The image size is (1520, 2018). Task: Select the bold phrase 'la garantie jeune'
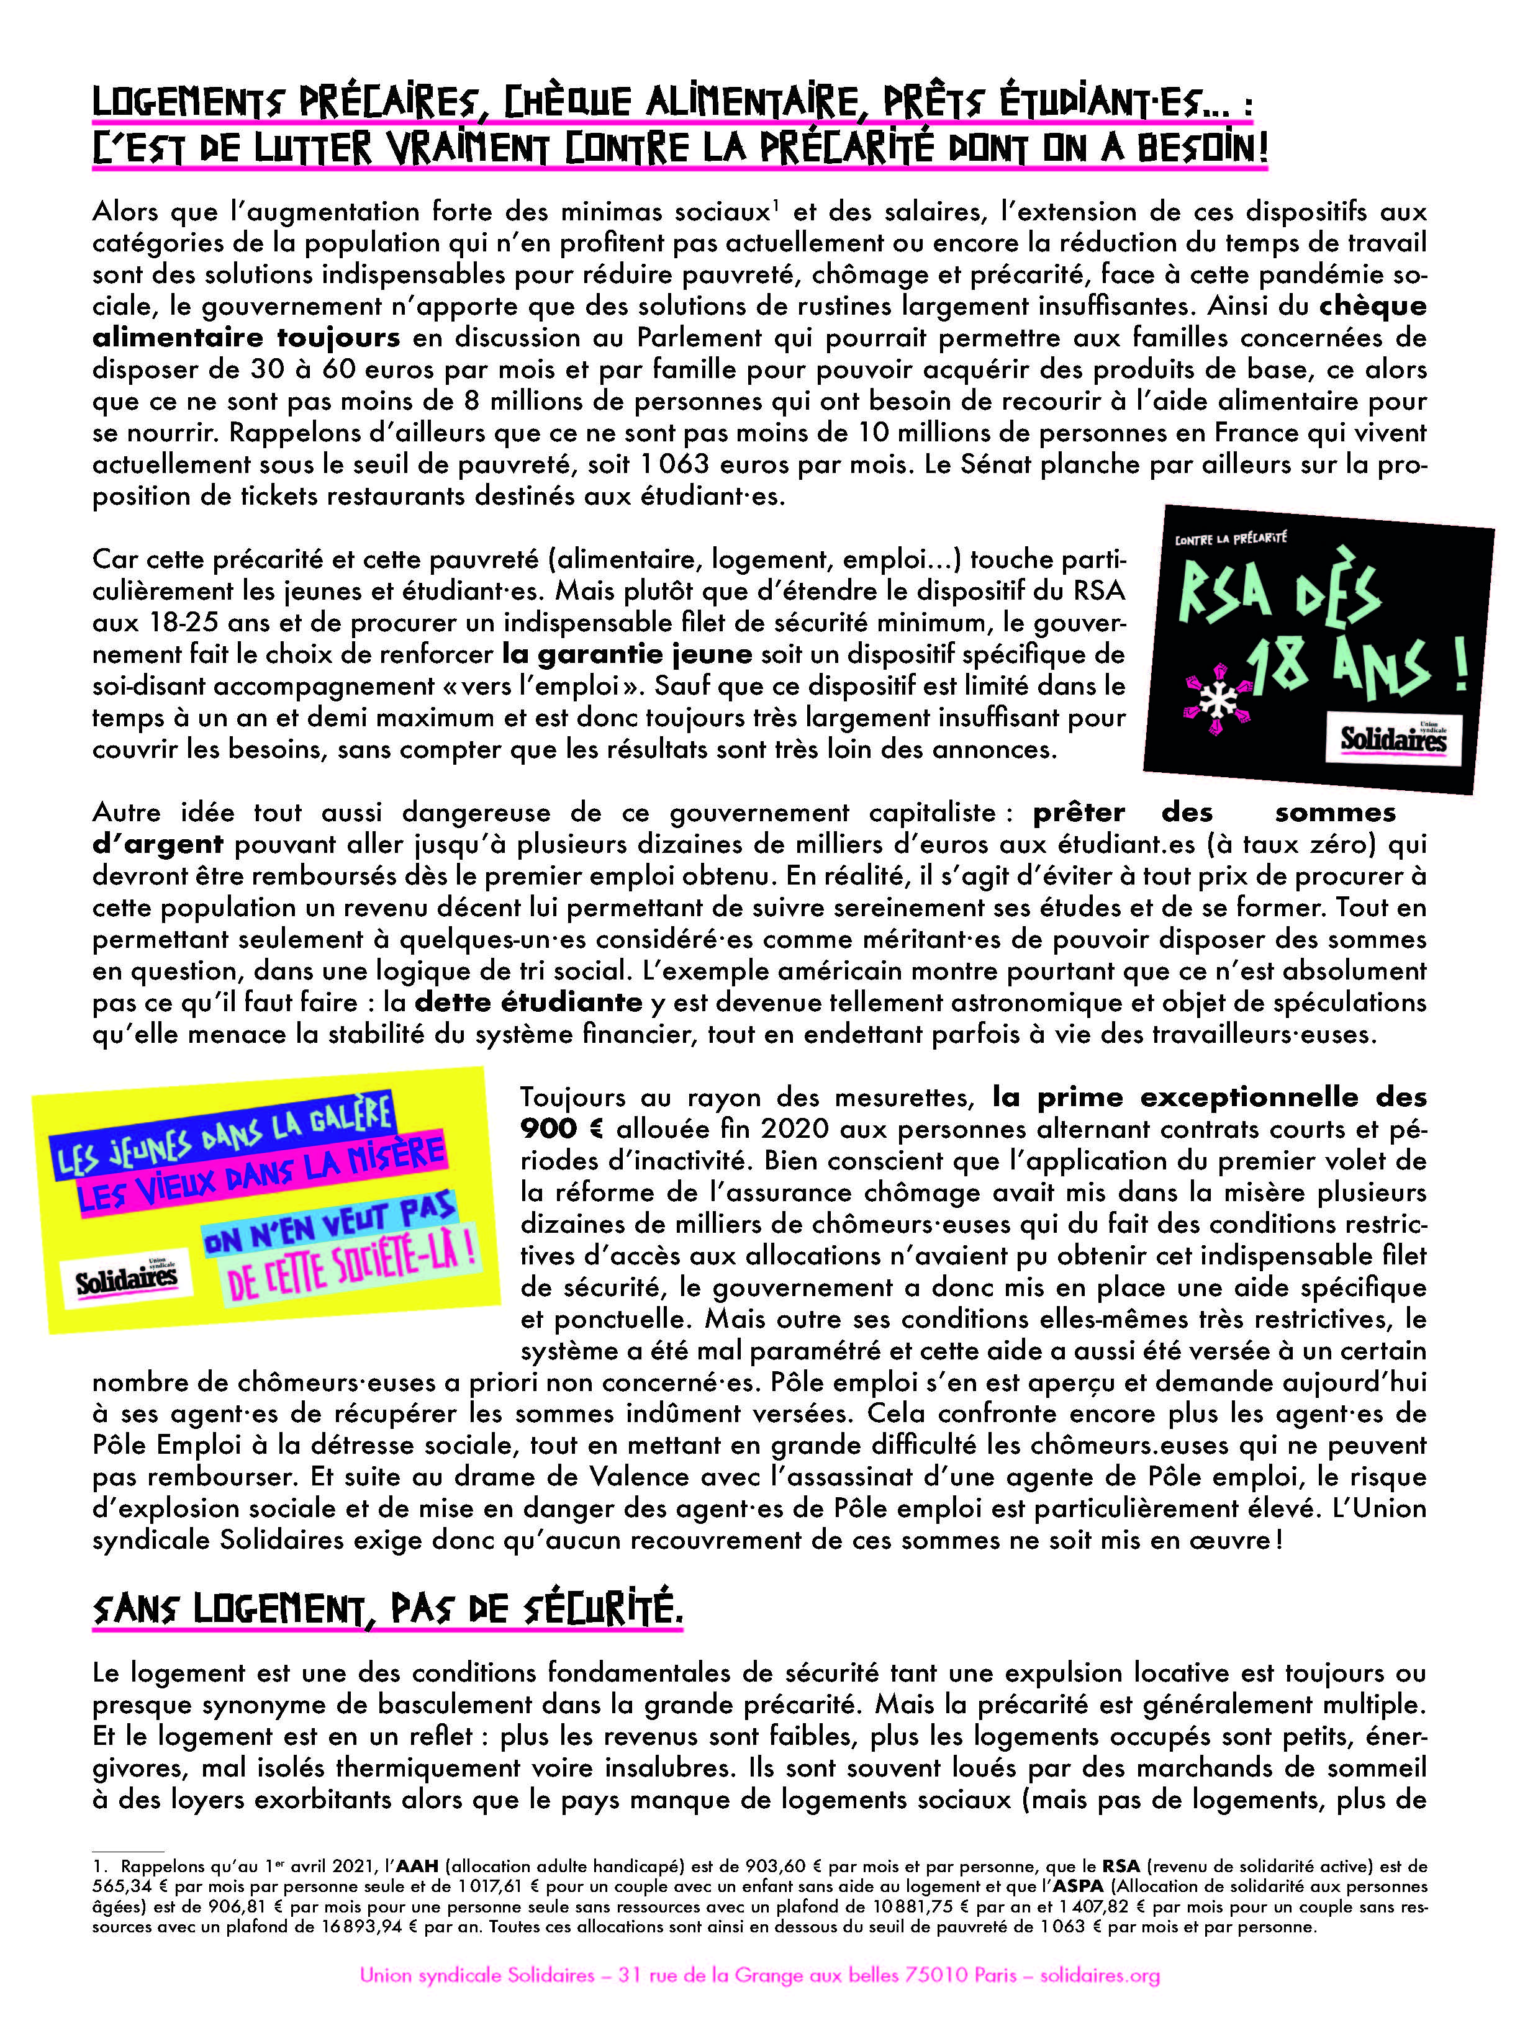click(627, 654)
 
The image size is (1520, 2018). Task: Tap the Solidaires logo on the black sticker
click(1391, 737)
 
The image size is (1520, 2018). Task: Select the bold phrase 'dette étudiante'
click(528, 1002)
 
